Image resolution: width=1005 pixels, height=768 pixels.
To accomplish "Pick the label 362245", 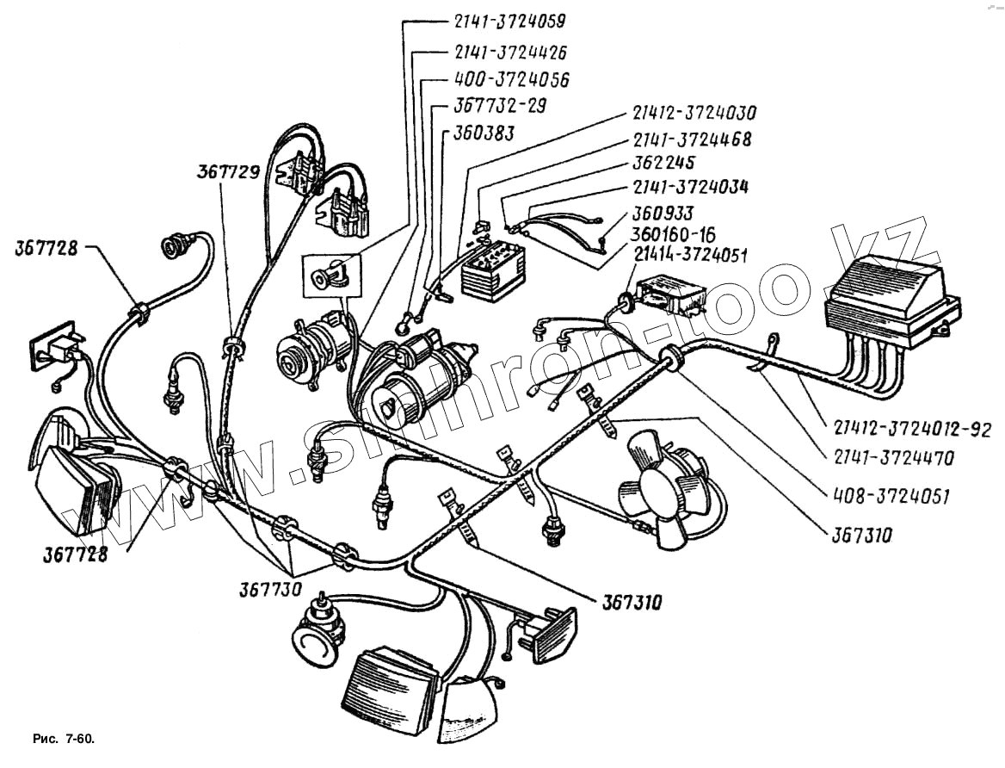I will [663, 162].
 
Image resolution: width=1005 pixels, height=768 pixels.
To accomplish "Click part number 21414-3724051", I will [691, 254].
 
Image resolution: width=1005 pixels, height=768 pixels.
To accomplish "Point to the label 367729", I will [228, 172].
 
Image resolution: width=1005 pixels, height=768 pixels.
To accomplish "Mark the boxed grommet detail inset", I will [331, 276].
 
